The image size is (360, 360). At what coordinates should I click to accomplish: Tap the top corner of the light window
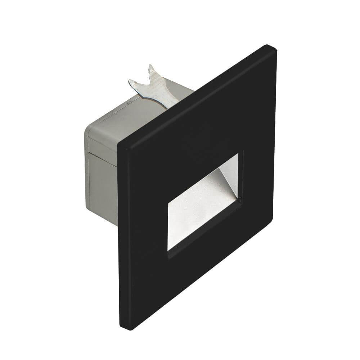tap(238, 154)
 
